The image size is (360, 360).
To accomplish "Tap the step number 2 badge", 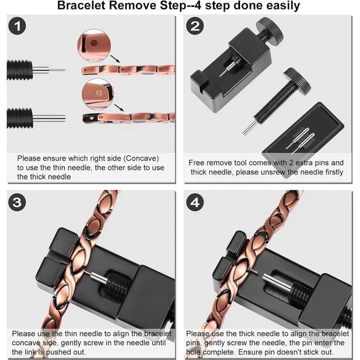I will click(x=195, y=26).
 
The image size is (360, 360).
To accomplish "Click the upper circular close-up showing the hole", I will click(x=94, y=44).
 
